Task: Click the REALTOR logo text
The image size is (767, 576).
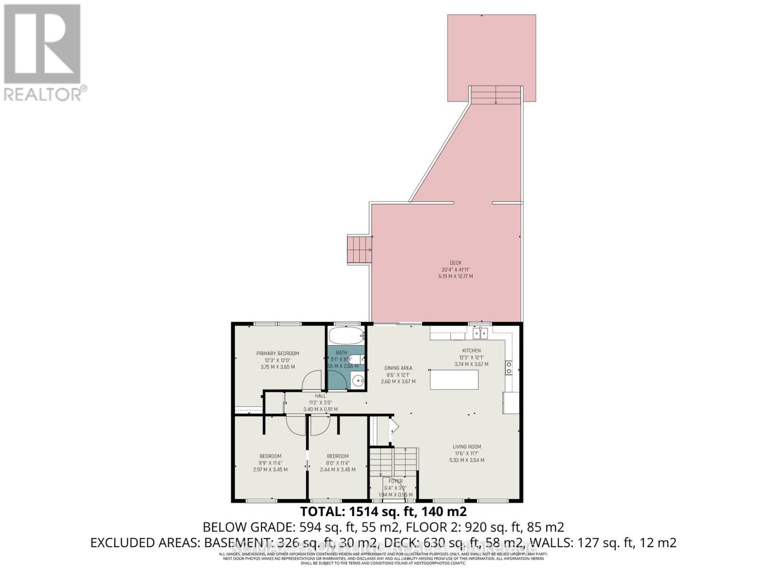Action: (x=46, y=93)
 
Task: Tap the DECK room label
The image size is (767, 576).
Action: (x=455, y=263)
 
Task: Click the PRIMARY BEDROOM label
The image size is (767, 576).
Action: (x=278, y=353)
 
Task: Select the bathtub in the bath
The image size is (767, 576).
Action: (x=346, y=336)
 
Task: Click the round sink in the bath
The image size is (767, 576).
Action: (x=358, y=382)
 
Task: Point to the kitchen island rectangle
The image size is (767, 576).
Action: (x=454, y=380)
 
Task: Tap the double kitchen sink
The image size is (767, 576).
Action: (x=480, y=333)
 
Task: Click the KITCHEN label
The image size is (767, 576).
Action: (x=471, y=350)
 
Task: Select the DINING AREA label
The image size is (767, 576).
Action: (x=398, y=368)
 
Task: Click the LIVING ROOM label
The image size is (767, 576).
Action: (x=467, y=446)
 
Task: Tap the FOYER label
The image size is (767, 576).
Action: (x=396, y=481)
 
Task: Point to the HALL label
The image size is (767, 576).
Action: (x=320, y=396)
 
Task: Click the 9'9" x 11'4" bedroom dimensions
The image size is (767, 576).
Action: (x=270, y=463)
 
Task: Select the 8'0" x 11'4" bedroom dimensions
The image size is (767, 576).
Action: (x=338, y=463)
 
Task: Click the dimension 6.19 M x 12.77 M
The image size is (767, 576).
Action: (x=455, y=276)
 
